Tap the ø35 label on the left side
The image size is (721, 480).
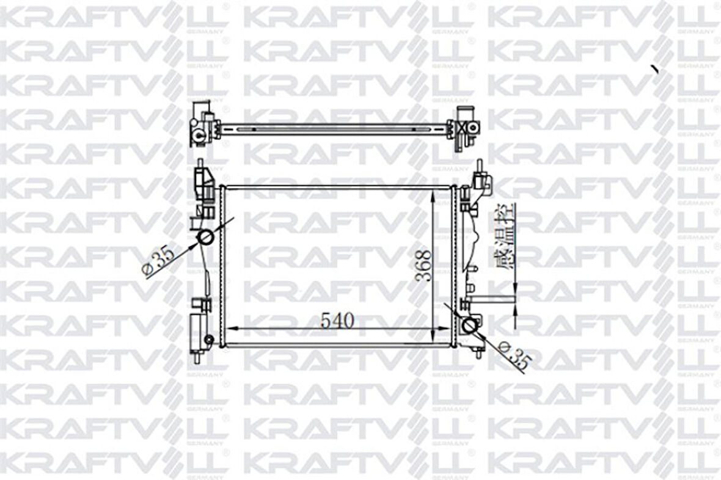pos(158,261)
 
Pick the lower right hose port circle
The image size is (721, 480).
pos(470,325)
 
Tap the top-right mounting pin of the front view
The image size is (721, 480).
pos(480,166)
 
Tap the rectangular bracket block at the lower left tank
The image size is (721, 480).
pos(199,330)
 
